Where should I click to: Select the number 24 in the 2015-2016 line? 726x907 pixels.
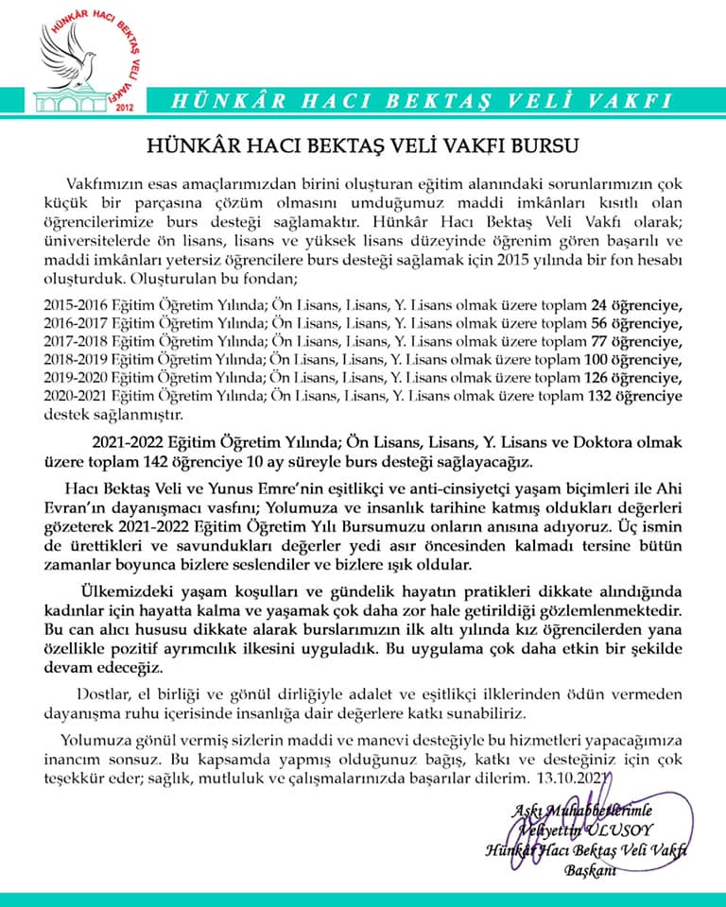[x=598, y=305]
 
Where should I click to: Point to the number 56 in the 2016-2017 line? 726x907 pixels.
[x=598, y=323]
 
